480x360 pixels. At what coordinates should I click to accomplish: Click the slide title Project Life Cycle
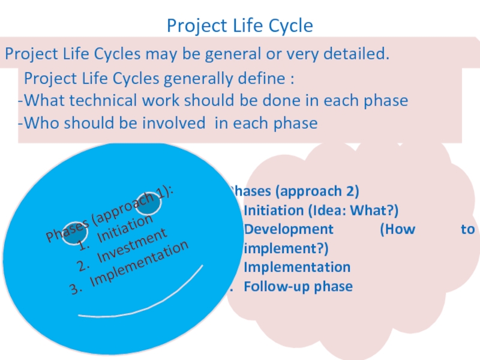tap(240, 26)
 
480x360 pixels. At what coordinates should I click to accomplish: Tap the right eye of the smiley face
tap(149, 204)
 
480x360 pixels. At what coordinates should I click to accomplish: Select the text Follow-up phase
tap(298, 287)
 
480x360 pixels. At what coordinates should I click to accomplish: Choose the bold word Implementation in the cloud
tap(297, 268)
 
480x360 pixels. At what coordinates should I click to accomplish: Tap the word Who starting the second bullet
tap(38, 124)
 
